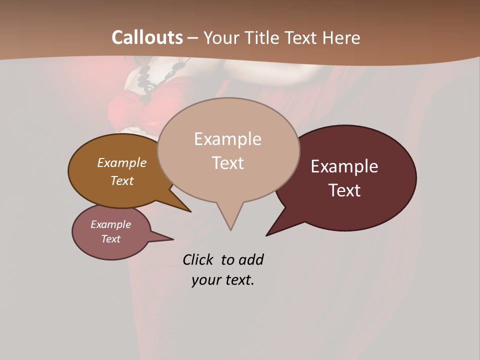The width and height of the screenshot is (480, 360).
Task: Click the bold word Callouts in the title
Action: coord(147,37)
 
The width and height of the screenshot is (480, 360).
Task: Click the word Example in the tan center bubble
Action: coord(227,139)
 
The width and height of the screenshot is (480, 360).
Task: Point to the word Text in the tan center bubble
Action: coord(227,163)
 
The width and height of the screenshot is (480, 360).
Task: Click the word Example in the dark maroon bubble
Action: coord(344,166)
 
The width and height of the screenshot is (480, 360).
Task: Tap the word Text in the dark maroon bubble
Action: coord(344,190)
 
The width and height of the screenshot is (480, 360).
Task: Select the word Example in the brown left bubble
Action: coord(122,163)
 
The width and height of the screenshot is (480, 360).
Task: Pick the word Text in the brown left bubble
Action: coord(122,180)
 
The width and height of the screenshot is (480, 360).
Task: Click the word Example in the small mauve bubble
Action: coord(111,224)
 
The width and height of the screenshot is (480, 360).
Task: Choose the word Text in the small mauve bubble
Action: coord(111,239)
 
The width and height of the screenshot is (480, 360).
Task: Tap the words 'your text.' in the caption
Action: coord(223,280)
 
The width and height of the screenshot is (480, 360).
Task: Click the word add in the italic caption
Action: coord(251,260)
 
